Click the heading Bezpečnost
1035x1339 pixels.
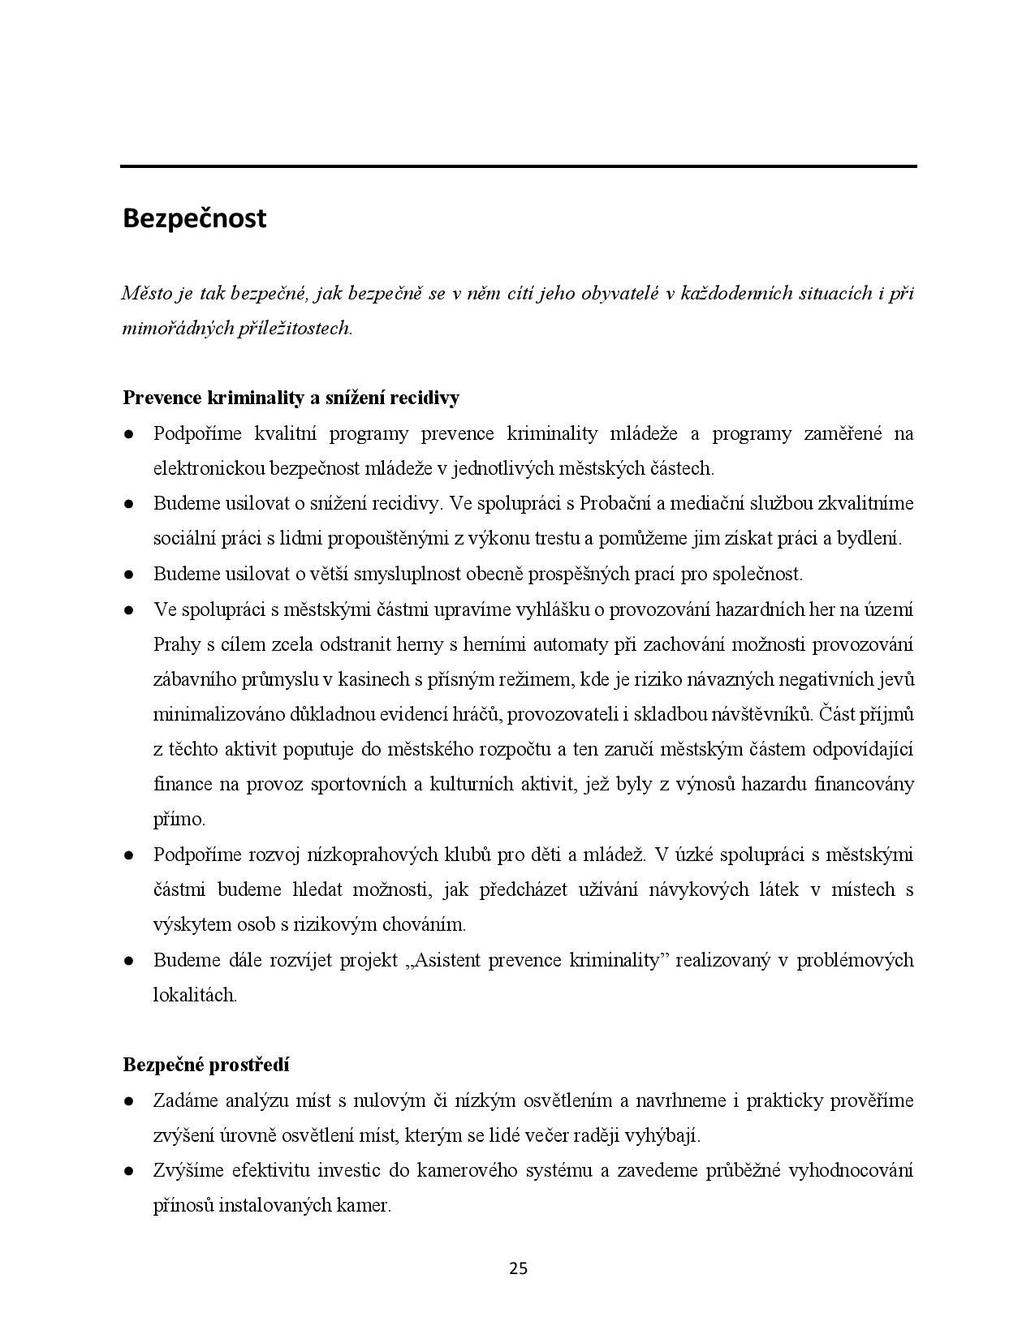coord(194,218)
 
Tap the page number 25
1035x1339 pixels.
coord(518,1268)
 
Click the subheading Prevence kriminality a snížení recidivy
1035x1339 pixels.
coord(291,398)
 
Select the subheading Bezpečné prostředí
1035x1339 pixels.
coord(206,1065)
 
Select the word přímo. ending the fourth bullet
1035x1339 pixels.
coord(179,819)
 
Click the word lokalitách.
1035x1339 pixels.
coord(195,995)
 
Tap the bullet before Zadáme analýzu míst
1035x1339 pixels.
coord(128,1101)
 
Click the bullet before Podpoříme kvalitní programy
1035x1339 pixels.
coord(128,434)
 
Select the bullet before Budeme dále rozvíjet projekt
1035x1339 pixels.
coord(128,961)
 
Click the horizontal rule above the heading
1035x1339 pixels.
coord(518,166)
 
